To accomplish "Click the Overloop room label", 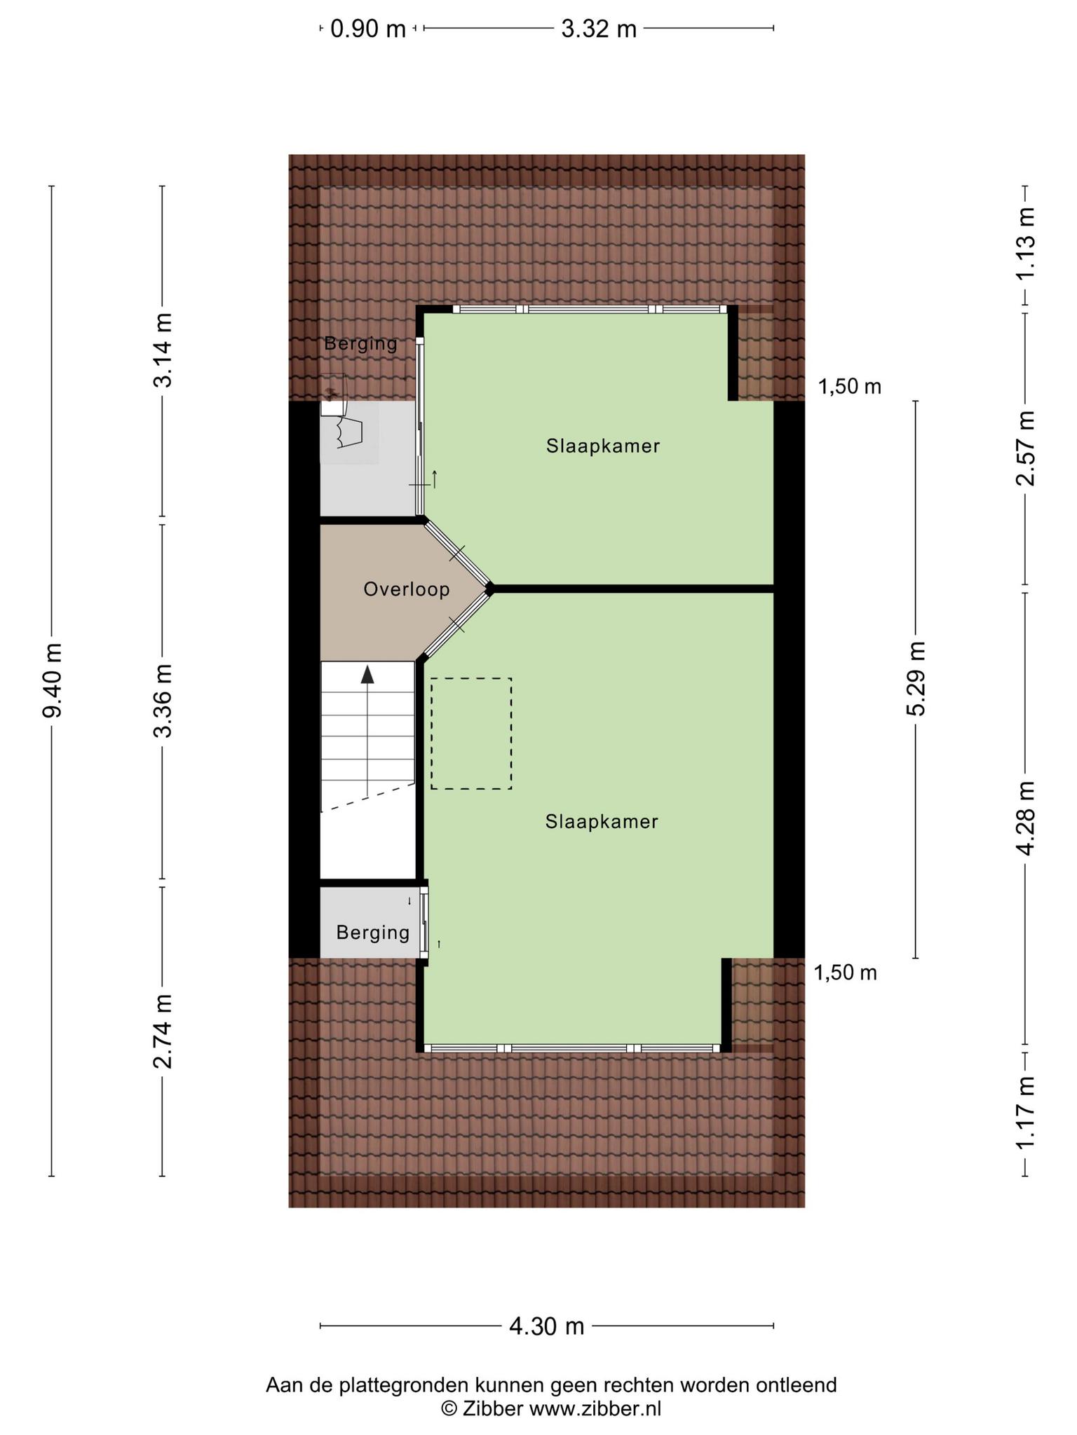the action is pos(407,590).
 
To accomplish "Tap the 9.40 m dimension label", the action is pos(53,680).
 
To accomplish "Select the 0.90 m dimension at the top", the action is pos(368,29).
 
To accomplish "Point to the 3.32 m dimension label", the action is pos(599,29).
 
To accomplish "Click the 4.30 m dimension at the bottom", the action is pos(547,1326).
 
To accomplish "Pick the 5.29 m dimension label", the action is pos(916,678).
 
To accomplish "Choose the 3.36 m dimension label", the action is pos(163,701).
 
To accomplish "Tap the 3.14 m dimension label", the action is pos(163,350).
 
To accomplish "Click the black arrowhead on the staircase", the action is pos(367,674).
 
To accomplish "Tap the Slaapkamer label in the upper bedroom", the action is pos(603,446).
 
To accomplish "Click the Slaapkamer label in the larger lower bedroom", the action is pos(602,821).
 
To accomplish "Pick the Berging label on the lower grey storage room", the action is pos(372,933).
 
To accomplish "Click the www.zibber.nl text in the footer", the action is pos(595,1408).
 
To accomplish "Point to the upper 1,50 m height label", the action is pos(850,386).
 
